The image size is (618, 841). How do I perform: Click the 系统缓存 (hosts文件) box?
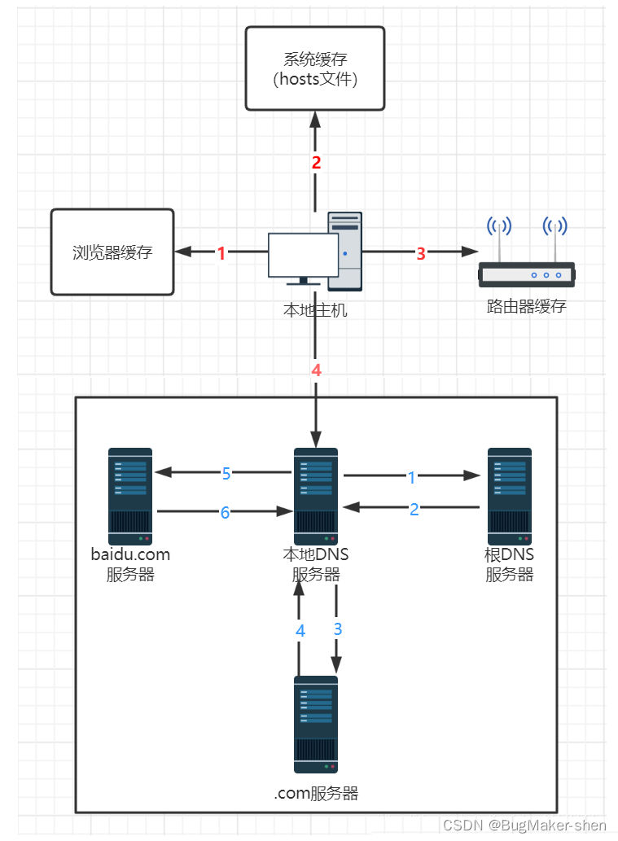tap(315, 68)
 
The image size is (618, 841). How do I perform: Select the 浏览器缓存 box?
tap(112, 252)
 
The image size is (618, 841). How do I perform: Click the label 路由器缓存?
tap(526, 307)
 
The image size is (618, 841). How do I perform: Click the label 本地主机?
tap(315, 310)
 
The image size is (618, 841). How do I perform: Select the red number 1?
tap(221, 253)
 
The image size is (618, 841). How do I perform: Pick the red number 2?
tap(316, 162)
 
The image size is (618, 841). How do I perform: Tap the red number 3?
tap(421, 253)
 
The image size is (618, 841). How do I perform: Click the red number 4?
tap(316, 370)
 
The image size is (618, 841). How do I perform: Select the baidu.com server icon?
tap(130, 496)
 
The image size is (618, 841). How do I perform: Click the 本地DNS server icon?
tap(316, 496)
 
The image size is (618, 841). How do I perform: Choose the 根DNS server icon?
tap(510, 496)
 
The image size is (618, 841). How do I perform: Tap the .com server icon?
tap(316, 724)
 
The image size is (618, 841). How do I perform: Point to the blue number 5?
tap(227, 473)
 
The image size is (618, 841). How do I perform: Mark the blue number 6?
tap(226, 512)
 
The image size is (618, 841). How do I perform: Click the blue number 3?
tap(338, 629)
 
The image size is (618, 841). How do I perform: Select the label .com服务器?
tap(316, 793)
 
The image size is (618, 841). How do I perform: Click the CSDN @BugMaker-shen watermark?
tap(525, 825)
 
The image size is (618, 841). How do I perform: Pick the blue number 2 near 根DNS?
tap(414, 509)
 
